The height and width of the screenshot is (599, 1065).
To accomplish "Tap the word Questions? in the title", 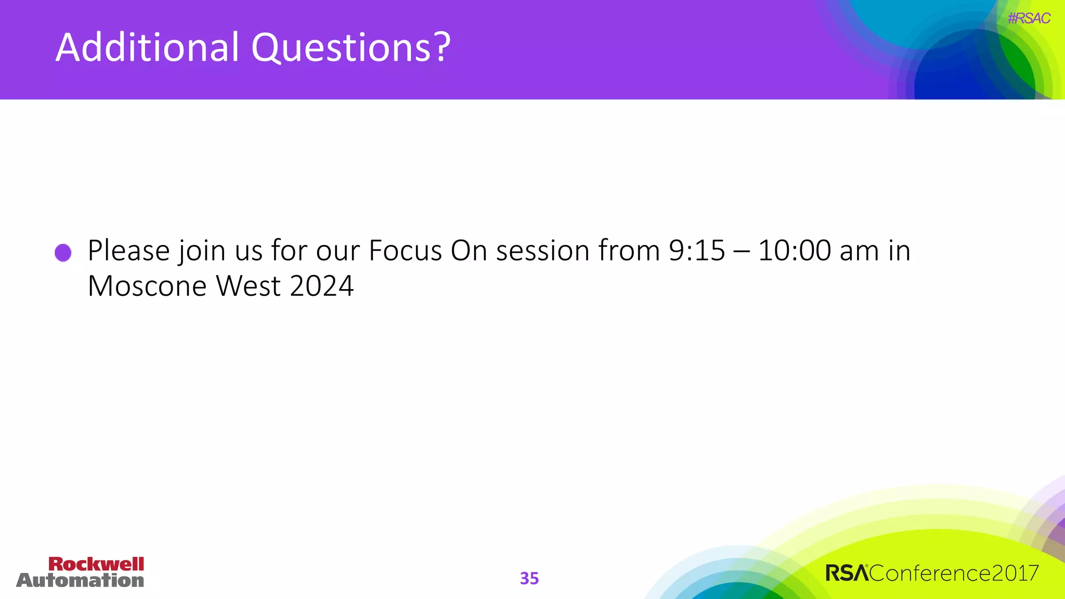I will [x=351, y=47].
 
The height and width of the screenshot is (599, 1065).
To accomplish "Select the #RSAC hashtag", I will [x=1029, y=18].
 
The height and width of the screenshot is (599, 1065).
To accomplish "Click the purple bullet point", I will [x=63, y=253].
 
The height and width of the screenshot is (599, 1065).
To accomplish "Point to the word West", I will [x=248, y=286].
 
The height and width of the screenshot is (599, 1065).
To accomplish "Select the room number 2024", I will [x=321, y=286].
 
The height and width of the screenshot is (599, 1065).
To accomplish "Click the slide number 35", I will [x=529, y=578].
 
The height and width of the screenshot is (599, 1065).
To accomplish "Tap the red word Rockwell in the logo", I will [x=96, y=564].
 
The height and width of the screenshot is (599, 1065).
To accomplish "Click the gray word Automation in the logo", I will [x=80, y=580].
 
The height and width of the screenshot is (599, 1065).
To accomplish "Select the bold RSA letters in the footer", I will [x=847, y=574].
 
